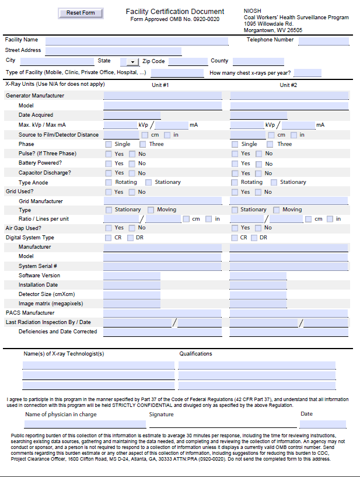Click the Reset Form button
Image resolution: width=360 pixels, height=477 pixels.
pos(81,13)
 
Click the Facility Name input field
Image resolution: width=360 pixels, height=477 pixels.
pos(137,41)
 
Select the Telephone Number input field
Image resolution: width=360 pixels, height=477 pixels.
pos(323,41)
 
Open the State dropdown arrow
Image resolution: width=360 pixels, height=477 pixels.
pos(132,62)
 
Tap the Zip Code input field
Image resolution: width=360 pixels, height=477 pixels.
pos(187,61)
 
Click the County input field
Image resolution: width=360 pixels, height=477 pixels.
pos(258,61)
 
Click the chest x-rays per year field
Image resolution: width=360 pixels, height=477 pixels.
pos(307,73)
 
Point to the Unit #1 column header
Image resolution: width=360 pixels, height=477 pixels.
pos(160,85)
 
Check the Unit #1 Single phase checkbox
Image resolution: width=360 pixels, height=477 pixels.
pos(109,144)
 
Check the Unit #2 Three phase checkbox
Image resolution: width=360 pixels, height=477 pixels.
pos(270,144)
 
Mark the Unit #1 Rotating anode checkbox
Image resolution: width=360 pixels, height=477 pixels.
pos(109,182)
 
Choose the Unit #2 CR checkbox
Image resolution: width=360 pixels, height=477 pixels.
pos(235,238)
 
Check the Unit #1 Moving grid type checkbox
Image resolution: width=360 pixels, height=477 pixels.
pos(151,210)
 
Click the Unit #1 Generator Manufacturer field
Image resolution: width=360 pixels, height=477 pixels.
pos(163,96)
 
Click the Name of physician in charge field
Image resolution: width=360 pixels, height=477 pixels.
pos(85,424)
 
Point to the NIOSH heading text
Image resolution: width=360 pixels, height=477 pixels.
pos(253,11)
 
